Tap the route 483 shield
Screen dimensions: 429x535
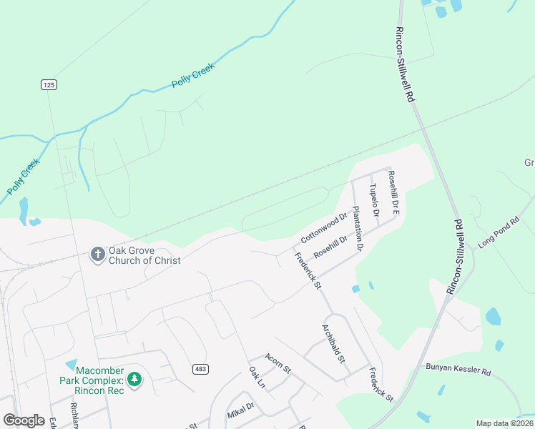(200, 368)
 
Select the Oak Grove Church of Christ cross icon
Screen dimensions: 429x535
(97, 254)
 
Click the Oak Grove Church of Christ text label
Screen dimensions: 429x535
(144, 255)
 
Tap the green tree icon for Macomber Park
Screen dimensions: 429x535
(133, 379)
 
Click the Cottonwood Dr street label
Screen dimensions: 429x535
(323, 226)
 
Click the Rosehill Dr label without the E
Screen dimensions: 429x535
(335, 247)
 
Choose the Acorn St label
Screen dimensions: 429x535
(278, 363)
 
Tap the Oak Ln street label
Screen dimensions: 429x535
(257, 378)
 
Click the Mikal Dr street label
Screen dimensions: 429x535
(241, 410)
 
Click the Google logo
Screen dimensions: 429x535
(24, 420)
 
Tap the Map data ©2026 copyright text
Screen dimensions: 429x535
(504, 423)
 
